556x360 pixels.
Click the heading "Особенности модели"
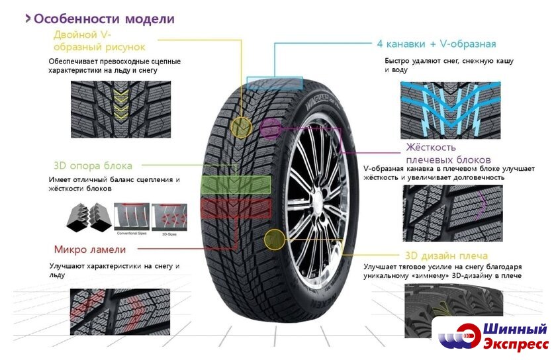point(104,19)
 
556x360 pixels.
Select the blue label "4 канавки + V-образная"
point(436,44)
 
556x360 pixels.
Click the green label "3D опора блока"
point(93,165)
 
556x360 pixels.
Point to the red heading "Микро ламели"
point(90,249)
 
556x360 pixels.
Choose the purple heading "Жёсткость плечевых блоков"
point(448,154)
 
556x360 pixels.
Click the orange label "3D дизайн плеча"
point(446,255)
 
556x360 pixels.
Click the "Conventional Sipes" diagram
point(131,218)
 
